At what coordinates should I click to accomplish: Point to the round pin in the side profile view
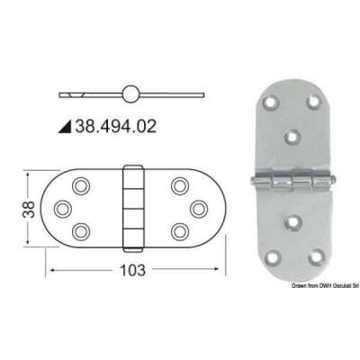point(131,94)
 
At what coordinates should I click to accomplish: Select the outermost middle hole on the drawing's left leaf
point(64,207)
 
